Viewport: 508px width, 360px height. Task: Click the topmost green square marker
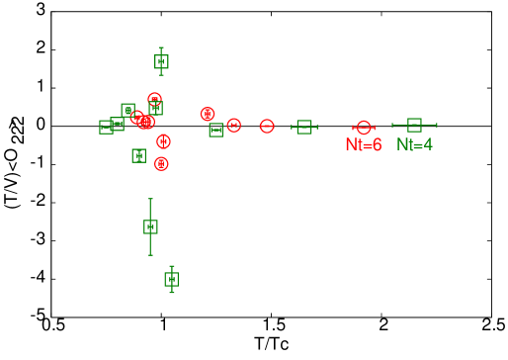(161, 61)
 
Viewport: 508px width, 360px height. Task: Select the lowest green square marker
(171, 279)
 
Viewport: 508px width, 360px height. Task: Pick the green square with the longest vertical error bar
(150, 226)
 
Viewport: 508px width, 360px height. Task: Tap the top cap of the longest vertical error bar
(150, 199)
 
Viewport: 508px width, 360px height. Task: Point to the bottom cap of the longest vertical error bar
(150, 255)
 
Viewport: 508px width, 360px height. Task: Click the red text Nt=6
(363, 145)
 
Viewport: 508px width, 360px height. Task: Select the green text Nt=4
(414, 144)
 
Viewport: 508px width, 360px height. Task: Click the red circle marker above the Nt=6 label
(364, 128)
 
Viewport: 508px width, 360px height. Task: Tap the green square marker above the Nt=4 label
(414, 125)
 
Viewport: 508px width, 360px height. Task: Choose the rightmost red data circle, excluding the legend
(267, 126)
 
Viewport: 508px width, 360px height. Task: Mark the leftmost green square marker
(106, 127)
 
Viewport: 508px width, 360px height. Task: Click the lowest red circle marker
(161, 163)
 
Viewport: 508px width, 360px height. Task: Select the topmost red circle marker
(154, 99)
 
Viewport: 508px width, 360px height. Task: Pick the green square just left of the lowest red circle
(139, 155)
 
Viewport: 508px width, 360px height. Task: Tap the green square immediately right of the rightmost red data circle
(304, 127)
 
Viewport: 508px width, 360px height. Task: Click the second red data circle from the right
(233, 126)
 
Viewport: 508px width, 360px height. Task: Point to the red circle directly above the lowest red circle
(163, 141)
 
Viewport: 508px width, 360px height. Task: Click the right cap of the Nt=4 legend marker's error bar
(437, 125)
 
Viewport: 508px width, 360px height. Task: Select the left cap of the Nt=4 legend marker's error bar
(392, 125)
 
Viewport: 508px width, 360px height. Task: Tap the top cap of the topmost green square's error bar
(161, 47)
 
